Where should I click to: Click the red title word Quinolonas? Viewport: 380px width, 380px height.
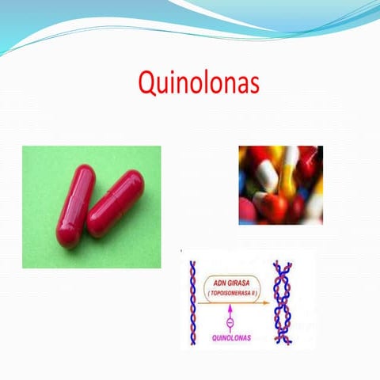point(198,83)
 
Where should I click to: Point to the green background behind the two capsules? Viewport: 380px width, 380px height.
point(47,166)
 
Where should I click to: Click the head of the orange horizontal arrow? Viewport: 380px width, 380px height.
point(266,306)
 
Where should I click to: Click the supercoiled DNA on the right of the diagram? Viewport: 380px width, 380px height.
point(280,304)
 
